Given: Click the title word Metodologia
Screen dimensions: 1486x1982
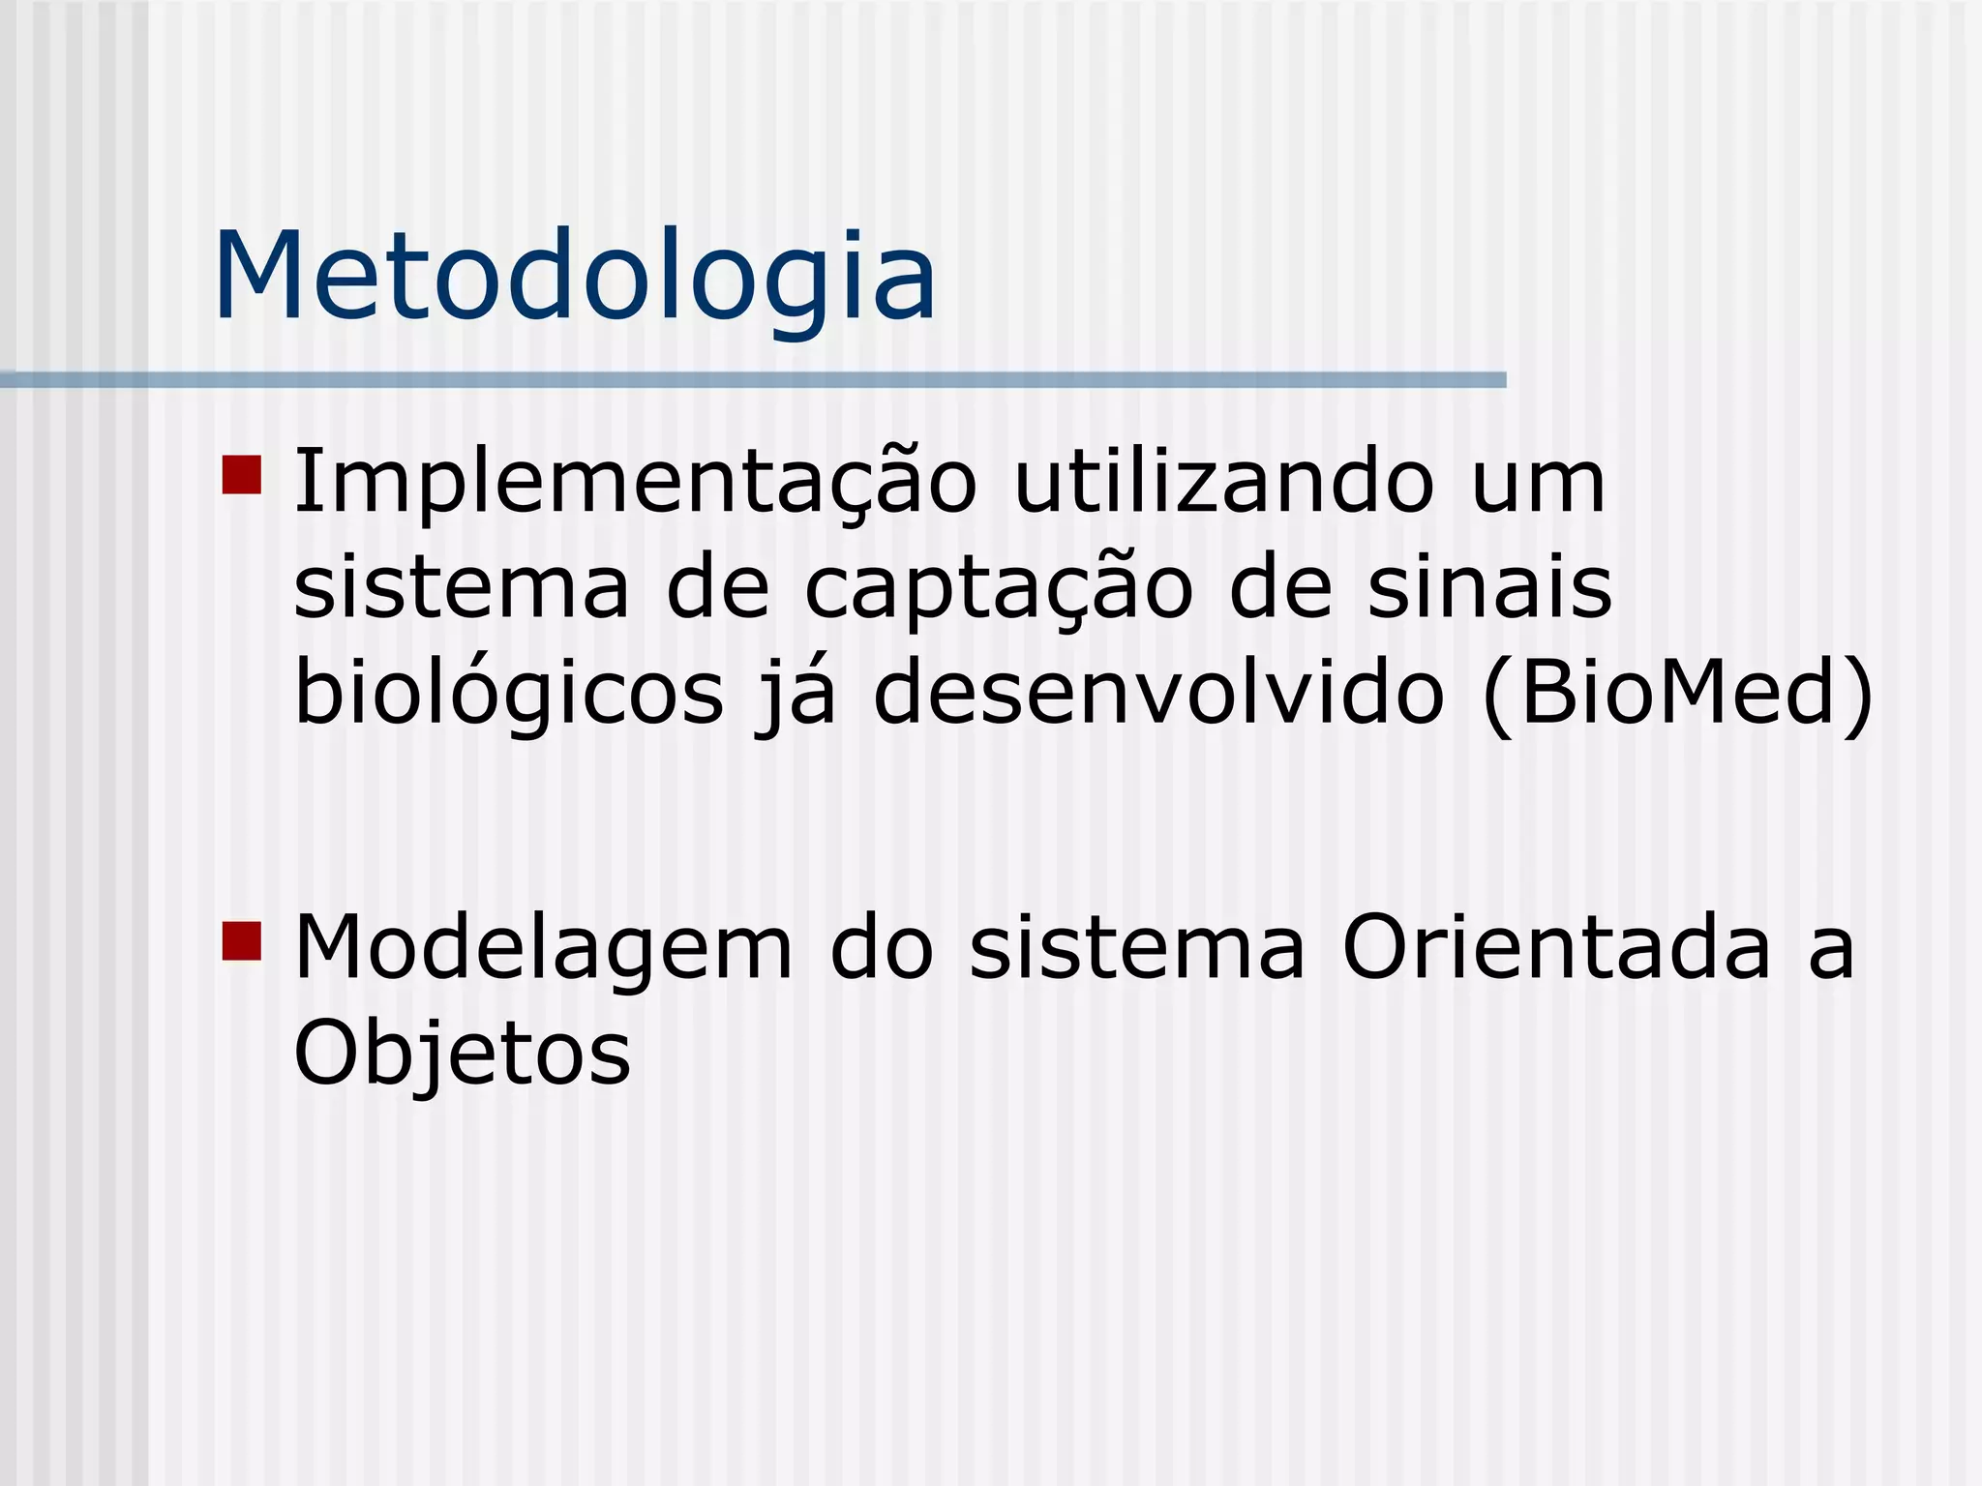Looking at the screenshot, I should tap(575, 277).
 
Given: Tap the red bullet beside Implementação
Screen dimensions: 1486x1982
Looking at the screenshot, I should tap(242, 475).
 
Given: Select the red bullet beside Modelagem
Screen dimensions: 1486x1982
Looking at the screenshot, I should tap(242, 940).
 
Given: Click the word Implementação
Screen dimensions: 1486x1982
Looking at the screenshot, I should tap(635, 483).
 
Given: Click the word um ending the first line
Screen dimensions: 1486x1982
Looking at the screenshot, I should tap(1538, 483).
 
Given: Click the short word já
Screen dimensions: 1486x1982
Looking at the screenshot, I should tap(797, 695).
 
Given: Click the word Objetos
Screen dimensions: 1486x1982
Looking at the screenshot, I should tap(463, 1055).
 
